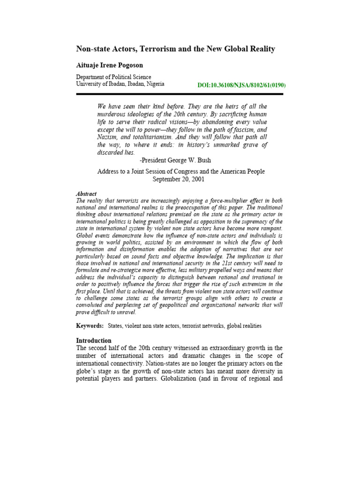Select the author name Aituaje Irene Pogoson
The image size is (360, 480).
[110, 65]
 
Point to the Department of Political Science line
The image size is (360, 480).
[113, 77]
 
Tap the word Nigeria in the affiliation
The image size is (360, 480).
[153, 84]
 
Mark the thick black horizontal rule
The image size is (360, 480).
[180, 94]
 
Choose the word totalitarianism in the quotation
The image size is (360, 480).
[155, 137]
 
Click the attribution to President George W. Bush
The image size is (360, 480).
[176, 160]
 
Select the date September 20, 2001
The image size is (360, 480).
[179, 179]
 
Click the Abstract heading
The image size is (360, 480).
[86, 194]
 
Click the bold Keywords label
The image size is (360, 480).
[90, 326]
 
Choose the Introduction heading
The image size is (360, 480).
[94, 340]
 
